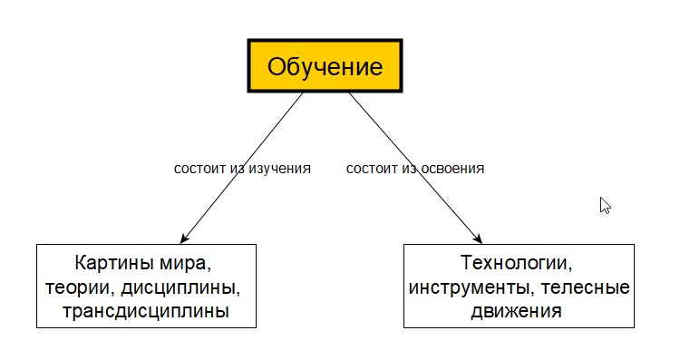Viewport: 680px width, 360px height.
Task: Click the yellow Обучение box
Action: click(325, 66)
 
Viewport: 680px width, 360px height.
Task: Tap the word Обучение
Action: click(325, 67)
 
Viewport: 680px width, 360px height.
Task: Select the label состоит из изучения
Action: click(242, 169)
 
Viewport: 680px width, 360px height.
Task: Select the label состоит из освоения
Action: click(415, 169)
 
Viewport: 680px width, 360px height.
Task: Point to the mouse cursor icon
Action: click(605, 205)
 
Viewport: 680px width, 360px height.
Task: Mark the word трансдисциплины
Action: click(146, 312)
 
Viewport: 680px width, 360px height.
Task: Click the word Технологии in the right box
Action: click(518, 266)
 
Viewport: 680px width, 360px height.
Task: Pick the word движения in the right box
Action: click(518, 312)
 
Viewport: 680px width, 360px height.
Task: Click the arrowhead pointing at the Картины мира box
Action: click(184, 239)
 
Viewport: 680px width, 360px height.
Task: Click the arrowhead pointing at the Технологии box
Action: click(481, 239)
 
